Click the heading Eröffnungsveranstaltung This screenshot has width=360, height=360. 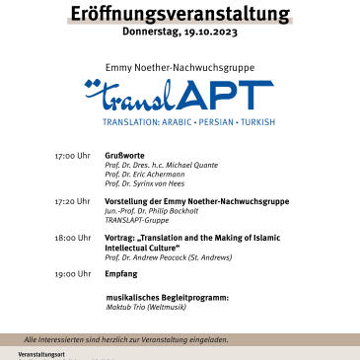click(x=180, y=13)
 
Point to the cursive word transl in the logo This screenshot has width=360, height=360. click(x=132, y=97)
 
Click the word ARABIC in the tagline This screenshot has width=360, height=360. click(x=179, y=123)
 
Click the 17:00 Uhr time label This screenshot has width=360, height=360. click(x=72, y=156)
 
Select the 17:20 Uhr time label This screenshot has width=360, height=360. click(x=72, y=200)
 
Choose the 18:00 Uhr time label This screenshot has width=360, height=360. click(x=72, y=237)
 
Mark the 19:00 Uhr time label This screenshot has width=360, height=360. click(x=72, y=273)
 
